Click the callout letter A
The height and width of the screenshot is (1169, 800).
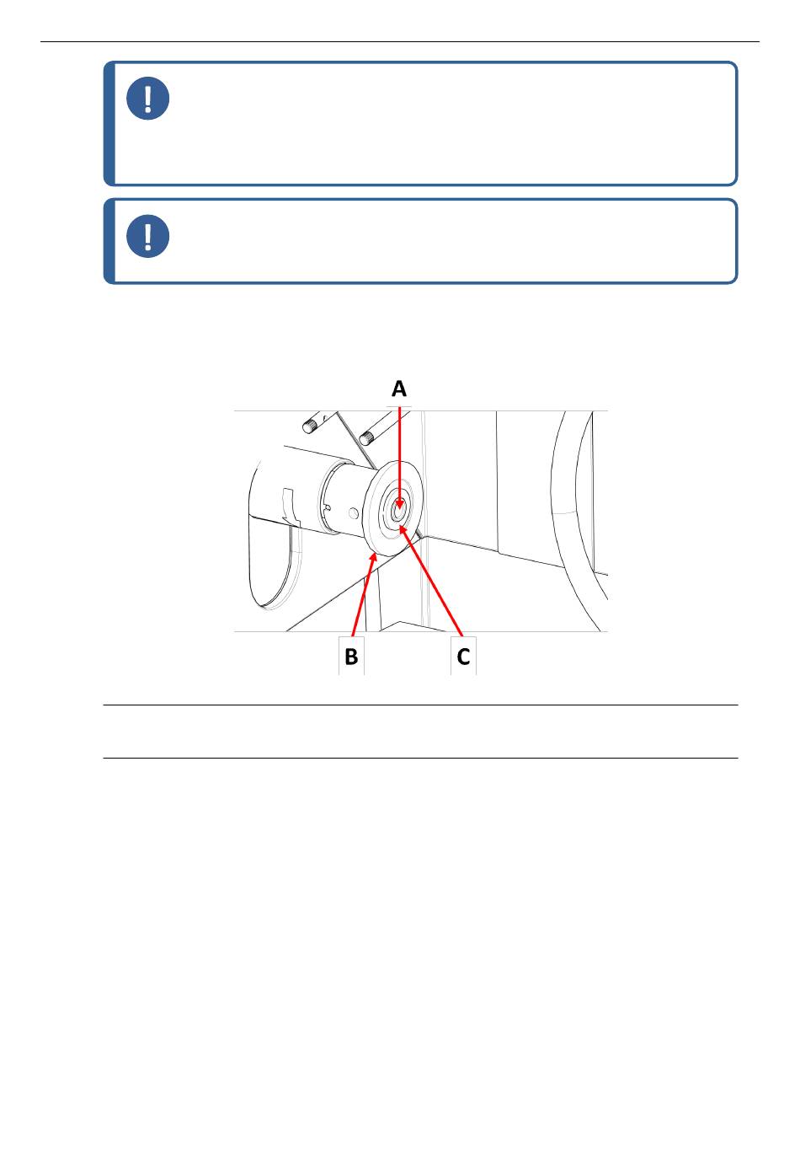coord(399,389)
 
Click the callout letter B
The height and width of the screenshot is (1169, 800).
coord(351,657)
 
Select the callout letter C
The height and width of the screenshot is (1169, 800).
coord(463,657)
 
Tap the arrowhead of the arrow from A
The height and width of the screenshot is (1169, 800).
coord(399,505)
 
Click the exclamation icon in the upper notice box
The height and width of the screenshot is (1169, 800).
coord(148,98)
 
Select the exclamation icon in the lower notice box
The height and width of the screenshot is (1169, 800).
coord(148,236)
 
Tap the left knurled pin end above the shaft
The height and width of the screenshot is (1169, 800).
coord(311,426)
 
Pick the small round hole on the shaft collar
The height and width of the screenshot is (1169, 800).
coord(354,514)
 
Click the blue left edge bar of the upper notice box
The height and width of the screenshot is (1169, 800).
coord(109,123)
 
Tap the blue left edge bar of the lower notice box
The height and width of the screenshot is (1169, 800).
coord(109,241)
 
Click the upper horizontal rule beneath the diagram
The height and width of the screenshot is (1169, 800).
coord(420,705)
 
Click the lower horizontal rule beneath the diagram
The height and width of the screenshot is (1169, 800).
coord(420,758)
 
